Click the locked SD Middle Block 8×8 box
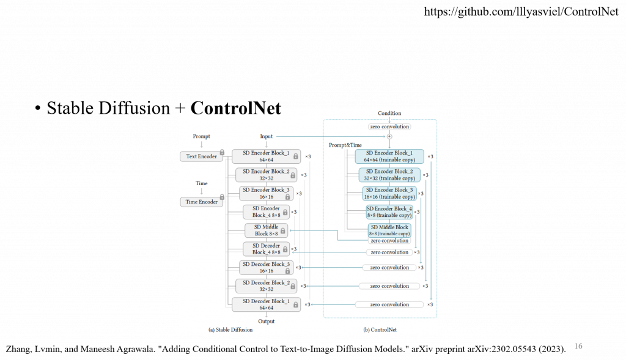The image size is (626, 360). [266, 230]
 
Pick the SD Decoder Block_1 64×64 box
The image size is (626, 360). [266, 304]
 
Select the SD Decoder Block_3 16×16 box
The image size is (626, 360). [266, 267]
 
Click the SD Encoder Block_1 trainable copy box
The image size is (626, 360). [389, 156]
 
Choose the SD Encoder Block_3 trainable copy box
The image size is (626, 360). [389, 193]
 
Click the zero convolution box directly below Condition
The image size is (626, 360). [389, 127]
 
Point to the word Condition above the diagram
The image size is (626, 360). [389, 113]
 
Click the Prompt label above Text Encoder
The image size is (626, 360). [202, 136]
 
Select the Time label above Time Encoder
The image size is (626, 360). [202, 183]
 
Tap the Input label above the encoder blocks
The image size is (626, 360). [267, 136]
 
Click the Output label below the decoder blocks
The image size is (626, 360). [267, 321]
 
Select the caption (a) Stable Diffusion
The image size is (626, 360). [230, 330]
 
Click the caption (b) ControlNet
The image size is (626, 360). [380, 330]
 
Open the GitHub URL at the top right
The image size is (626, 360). [521, 11]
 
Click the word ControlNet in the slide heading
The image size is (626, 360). [235, 109]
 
